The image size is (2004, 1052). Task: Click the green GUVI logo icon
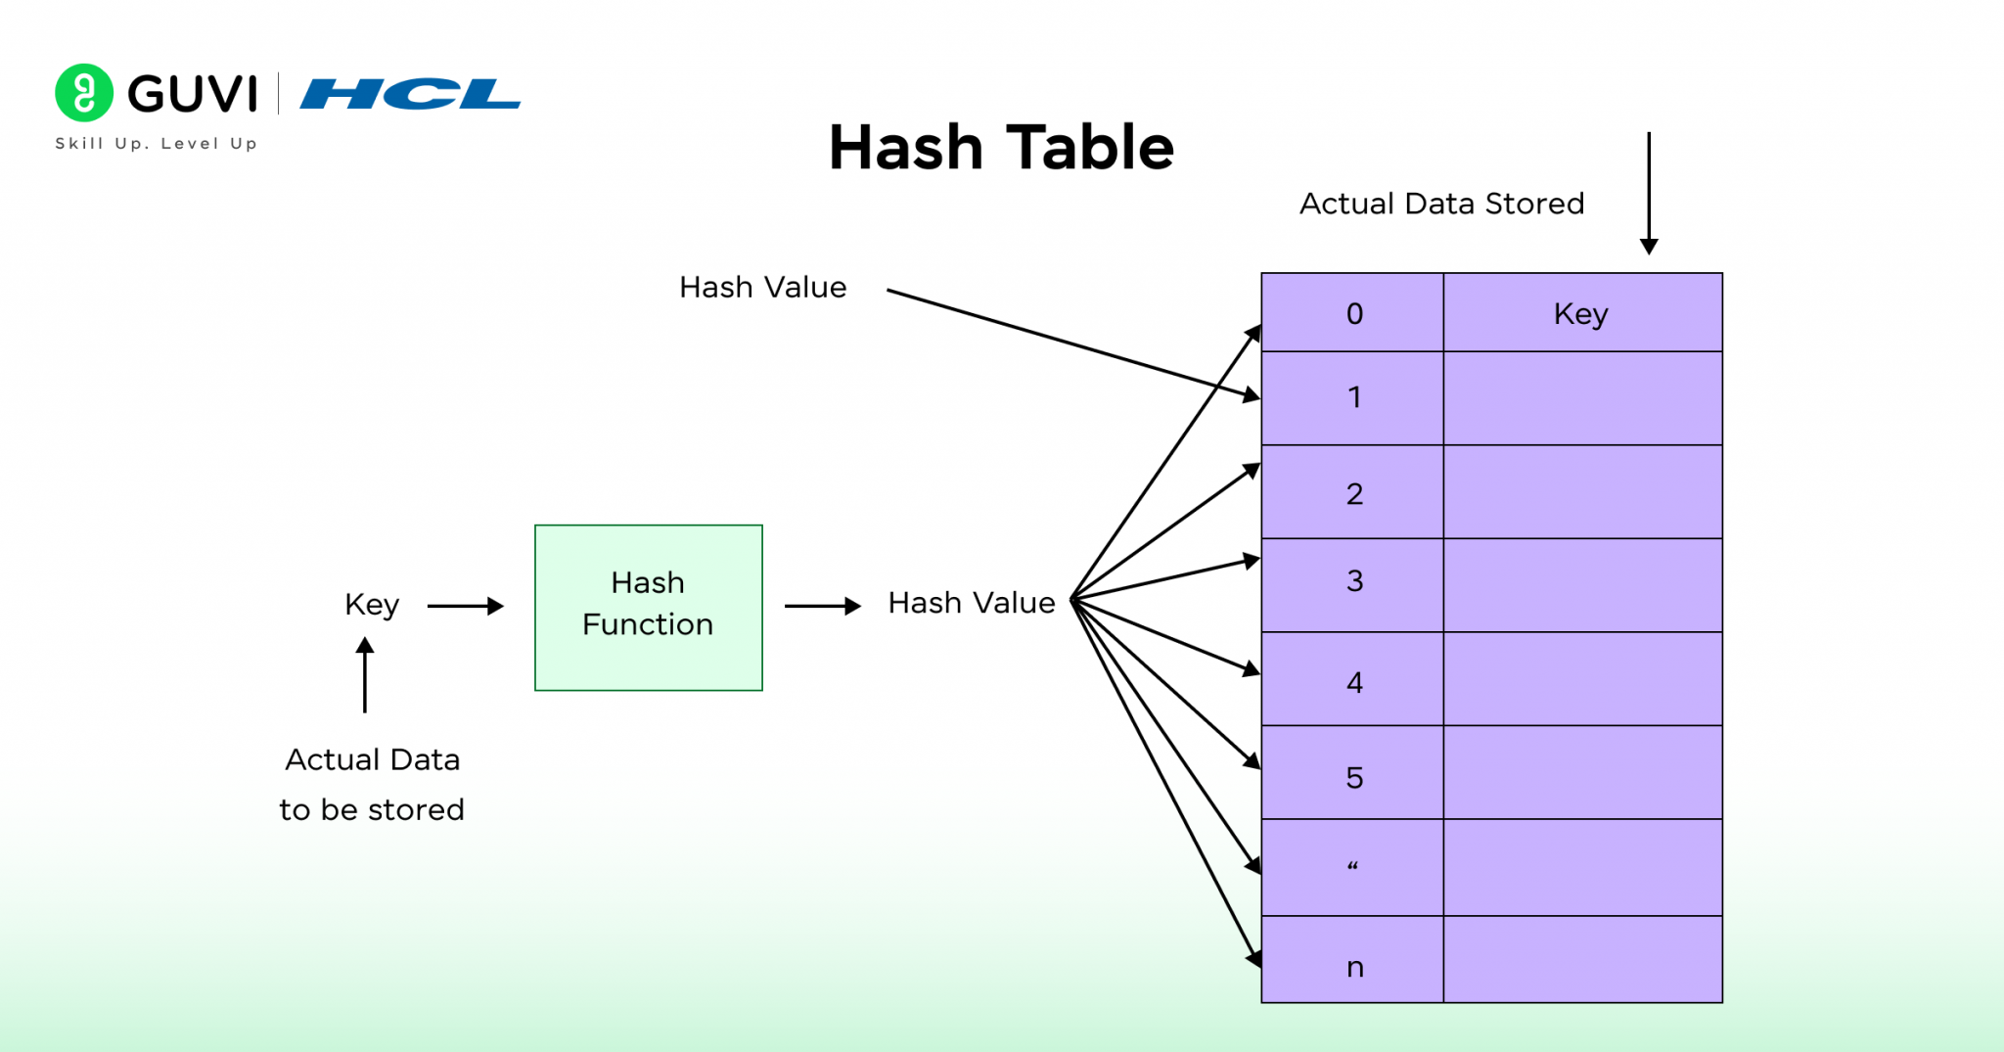click(84, 93)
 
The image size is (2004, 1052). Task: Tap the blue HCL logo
click(410, 94)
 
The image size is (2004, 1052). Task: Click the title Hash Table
click(1001, 148)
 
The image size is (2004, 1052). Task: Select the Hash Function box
click(648, 607)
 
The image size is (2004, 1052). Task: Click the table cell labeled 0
click(1353, 313)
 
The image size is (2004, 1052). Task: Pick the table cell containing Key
click(1581, 313)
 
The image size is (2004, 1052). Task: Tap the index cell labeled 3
click(1353, 583)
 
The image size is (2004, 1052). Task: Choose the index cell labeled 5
click(1353, 774)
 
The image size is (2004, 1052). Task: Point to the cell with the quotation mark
click(1353, 867)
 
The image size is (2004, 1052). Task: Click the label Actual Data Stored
click(1441, 204)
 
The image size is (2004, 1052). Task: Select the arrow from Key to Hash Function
click(465, 606)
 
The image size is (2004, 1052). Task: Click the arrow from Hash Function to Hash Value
click(822, 606)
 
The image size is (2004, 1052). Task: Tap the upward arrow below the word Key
click(365, 675)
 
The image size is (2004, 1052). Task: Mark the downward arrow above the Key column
click(1649, 193)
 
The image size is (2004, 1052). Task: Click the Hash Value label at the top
click(762, 288)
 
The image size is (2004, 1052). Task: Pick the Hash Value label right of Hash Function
click(971, 603)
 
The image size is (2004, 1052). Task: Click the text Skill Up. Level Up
click(157, 144)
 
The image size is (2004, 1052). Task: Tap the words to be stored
click(372, 810)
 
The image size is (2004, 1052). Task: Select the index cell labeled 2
click(1353, 492)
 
